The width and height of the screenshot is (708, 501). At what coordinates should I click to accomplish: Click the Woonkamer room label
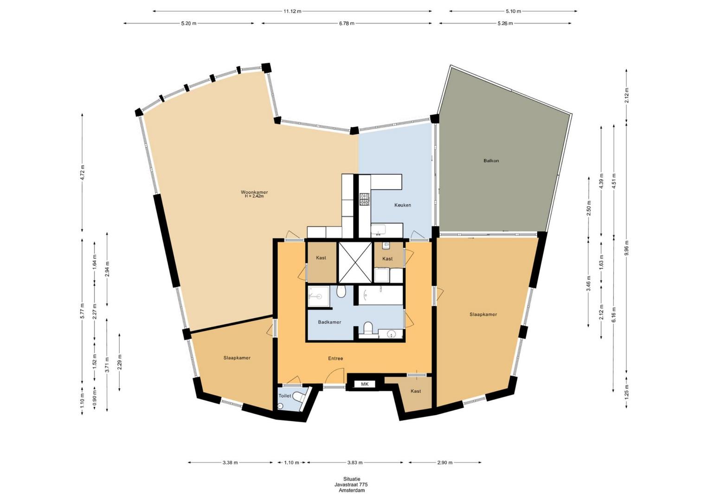pyautogui.click(x=254, y=192)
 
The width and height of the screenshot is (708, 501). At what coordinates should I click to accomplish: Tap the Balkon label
pyautogui.click(x=491, y=161)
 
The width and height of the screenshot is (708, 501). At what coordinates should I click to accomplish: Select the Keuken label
pyautogui.click(x=403, y=205)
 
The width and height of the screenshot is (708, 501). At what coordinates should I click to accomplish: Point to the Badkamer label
pyautogui.click(x=329, y=322)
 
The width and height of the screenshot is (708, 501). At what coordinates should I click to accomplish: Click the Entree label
pyautogui.click(x=335, y=359)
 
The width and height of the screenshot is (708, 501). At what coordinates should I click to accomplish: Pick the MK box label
pyautogui.click(x=365, y=385)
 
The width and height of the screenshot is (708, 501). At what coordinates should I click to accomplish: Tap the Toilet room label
pyautogui.click(x=284, y=396)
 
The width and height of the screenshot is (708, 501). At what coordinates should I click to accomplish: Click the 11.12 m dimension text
pyautogui.click(x=292, y=12)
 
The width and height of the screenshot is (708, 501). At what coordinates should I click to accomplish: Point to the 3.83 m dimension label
pyautogui.click(x=354, y=462)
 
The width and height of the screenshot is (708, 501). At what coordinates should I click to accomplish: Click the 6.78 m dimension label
pyautogui.click(x=347, y=23)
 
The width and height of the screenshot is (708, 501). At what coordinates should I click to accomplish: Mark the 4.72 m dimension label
pyautogui.click(x=83, y=173)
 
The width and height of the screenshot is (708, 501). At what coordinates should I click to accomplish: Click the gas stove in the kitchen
pyautogui.click(x=364, y=199)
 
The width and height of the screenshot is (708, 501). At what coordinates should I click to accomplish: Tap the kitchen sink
pyautogui.click(x=378, y=229)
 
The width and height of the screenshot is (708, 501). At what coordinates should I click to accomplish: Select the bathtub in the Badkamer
pyautogui.click(x=380, y=295)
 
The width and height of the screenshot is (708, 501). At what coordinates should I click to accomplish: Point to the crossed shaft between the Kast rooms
pyautogui.click(x=355, y=263)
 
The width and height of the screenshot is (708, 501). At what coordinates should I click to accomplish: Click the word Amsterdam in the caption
pyautogui.click(x=352, y=491)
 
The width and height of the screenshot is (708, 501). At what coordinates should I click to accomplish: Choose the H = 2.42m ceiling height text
pyautogui.click(x=254, y=196)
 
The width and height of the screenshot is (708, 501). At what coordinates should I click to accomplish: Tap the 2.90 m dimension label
pyautogui.click(x=445, y=462)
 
